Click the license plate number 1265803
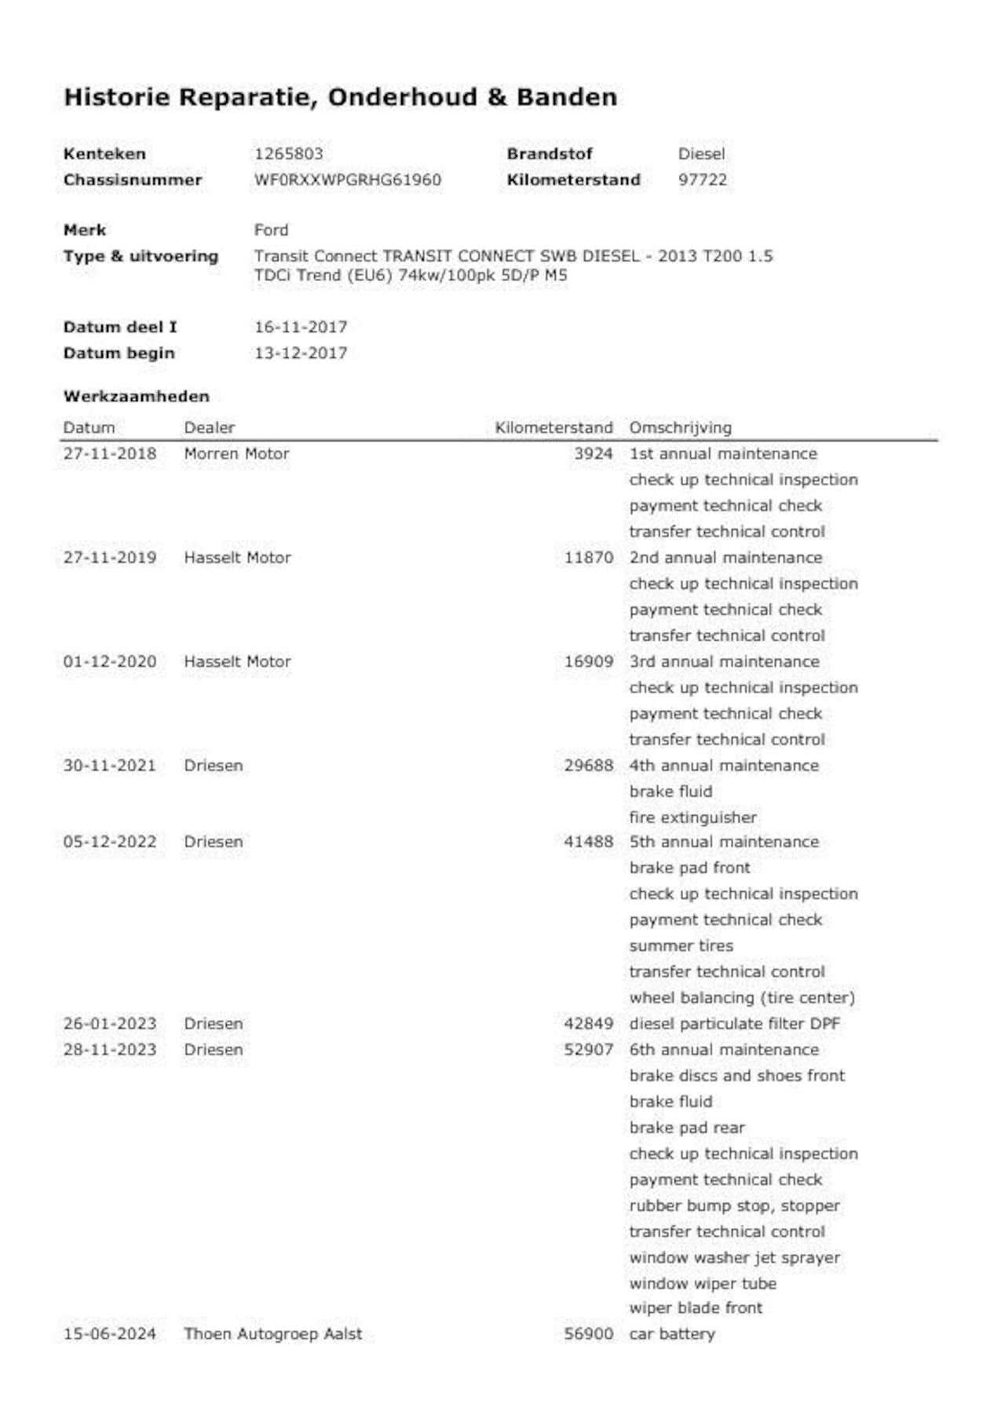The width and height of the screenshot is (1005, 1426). (288, 154)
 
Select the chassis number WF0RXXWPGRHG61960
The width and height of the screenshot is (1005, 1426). (347, 180)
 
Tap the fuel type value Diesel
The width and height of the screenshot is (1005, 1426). (701, 154)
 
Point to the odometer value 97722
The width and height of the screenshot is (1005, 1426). (703, 180)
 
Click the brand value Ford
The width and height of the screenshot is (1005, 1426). (271, 230)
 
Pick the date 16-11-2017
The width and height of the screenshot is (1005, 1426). (301, 327)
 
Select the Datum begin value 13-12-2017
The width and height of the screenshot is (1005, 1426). (301, 353)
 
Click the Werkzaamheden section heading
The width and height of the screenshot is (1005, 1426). (137, 397)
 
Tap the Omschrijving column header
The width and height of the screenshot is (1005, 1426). (680, 428)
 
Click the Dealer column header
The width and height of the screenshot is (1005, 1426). (209, 428)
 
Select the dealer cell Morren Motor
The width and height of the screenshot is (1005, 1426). (236, 454)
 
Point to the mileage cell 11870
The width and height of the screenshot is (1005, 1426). (588, 558)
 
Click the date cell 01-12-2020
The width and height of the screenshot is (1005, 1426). (110, 662)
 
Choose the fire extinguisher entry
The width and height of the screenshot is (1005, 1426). (693, 817)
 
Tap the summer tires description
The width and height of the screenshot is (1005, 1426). (681, 945)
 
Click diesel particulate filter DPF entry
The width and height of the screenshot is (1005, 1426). (734, 1024)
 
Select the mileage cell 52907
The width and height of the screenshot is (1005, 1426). (588, 1050)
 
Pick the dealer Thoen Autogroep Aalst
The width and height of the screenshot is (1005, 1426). (273, 1334)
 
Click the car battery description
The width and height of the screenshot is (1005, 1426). (672, 1334)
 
